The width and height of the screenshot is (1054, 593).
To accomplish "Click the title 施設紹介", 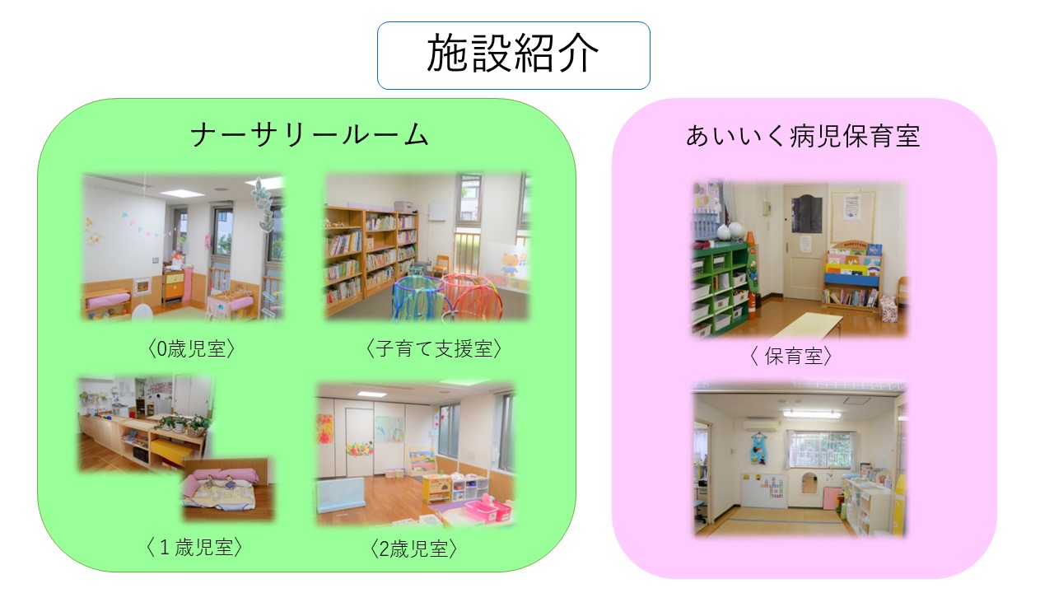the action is click(512, 54).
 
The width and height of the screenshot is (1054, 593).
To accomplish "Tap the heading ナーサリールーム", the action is click(309, 135).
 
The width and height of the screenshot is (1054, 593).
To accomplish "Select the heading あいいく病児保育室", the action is click(803, 136).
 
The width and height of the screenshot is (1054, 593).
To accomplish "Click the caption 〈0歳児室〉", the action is click(190, 349).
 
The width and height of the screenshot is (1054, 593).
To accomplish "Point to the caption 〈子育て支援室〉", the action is click(433, 348).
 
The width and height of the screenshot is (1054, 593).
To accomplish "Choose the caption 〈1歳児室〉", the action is click(194, 547).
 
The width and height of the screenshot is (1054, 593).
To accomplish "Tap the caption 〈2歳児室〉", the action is click(413, 549).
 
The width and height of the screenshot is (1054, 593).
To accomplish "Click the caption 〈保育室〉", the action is click(790, 357).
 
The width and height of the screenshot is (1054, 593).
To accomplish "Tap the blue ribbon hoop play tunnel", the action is click(417, 297).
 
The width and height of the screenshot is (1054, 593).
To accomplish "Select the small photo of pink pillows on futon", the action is click(227, 488).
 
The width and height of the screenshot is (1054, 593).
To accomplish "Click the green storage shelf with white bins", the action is click(721, 287).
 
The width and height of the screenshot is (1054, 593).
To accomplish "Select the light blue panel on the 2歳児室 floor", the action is click(341, 495).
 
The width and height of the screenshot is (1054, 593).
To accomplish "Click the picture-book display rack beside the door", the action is click(851, 276).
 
